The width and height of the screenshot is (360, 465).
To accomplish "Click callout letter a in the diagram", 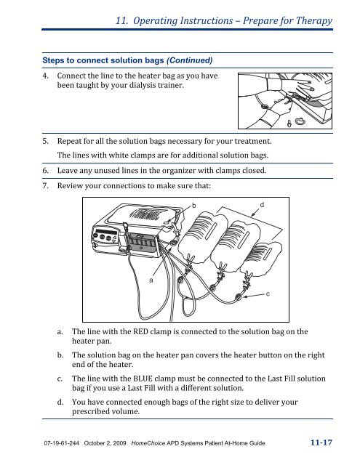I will pyautogui.click(x=151, y=279).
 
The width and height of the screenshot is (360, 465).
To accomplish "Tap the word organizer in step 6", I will pyautogui.click(x=183, y=171).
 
